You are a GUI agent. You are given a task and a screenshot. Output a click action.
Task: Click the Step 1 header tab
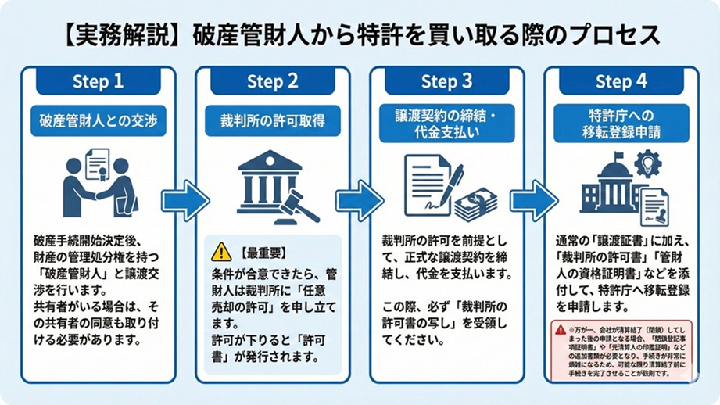pyautogui.click(x=98, y=81)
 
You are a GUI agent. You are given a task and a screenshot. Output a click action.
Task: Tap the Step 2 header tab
pyautogui.click(x=272, y=81)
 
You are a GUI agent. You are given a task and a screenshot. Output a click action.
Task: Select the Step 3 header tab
pyautogui.click(x=446, y=81)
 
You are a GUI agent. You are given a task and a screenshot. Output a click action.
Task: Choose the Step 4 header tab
pyautogui.click(x=621, y=81)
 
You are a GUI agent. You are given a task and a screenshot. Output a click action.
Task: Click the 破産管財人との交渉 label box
pyautogui.click(x=98, y=121)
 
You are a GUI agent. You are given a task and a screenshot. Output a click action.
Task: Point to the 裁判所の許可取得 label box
pyautogui.click(x=272, y=121)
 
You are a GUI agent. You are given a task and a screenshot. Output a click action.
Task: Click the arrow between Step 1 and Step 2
pyautogui.click(x=185, y=201)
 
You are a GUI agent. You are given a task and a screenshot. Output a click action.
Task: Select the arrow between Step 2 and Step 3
pyautogui.click(x=360, y=201)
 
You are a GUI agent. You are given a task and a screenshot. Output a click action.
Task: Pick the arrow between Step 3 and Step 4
pyautogui.click(x=534, y=201)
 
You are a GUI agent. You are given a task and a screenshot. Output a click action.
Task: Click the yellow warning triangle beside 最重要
pyautogui.click(x=222, y=252)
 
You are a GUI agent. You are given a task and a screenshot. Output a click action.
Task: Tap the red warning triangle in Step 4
pyautogui.click(x=561, y=330)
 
